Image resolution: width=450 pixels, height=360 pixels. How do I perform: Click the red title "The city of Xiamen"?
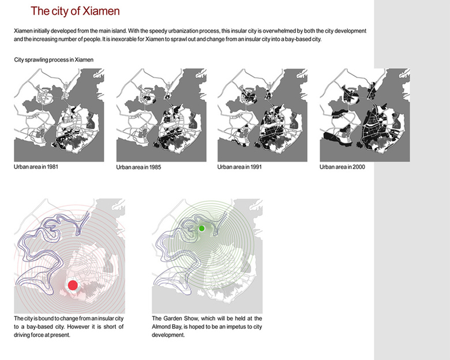pos(75,11)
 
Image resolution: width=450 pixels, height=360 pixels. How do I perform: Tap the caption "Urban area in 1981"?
pos(36,167)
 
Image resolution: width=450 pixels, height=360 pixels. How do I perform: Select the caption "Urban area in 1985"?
pos(138,167)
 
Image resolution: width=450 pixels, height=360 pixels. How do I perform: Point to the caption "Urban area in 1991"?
pos(239,167)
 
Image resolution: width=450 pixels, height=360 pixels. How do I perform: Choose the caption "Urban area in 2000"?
pos(342,167)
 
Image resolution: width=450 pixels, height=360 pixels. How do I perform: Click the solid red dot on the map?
pos(73,285)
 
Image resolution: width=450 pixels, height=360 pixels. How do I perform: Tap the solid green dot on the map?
pos(201,228)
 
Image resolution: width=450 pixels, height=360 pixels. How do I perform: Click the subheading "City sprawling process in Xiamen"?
pos(54,60)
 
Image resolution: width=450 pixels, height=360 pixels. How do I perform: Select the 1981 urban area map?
pos(59,115)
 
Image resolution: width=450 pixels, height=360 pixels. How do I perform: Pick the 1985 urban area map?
pos(162,115)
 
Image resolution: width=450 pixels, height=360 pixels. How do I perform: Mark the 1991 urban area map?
pos(262,115)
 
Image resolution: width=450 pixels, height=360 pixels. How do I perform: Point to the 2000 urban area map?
pos(365,115)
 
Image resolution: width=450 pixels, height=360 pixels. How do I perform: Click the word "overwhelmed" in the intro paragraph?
pos(279,31)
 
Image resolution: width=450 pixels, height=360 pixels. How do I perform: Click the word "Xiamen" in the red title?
pos(101,11)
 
